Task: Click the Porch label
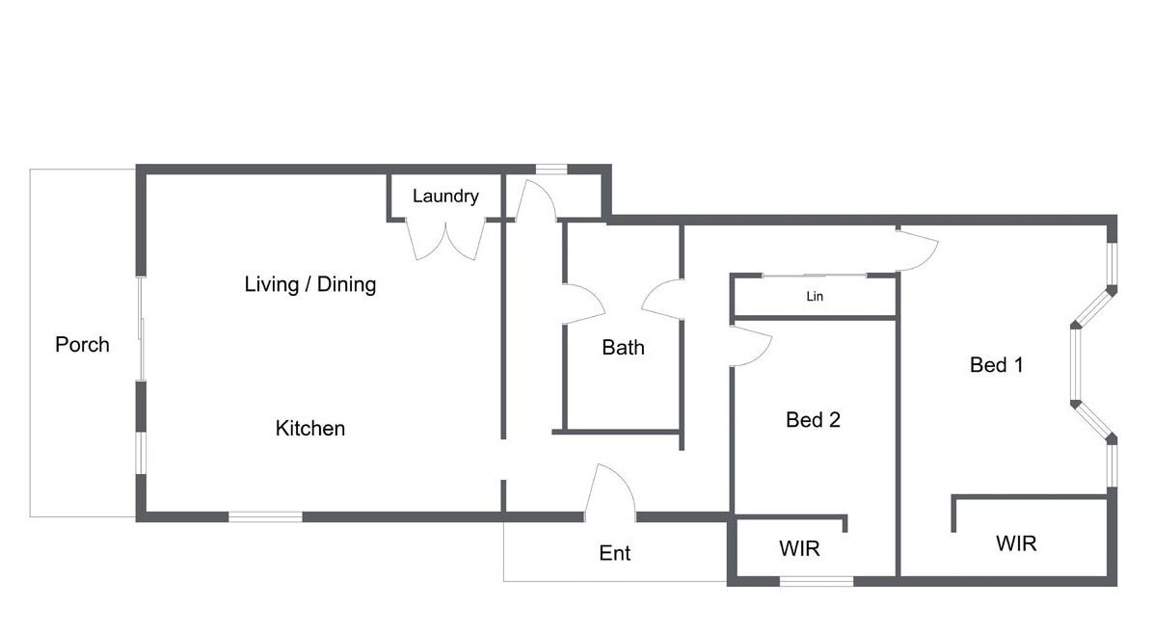[82, 344]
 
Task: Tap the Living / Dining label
[310, 284]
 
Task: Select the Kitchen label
[310, 428]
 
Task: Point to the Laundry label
[445, 197]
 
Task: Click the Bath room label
[623, 348]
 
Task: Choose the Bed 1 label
[996, 365]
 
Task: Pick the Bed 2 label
[813, 419]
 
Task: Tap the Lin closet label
[815, 296]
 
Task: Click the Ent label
[615, 553]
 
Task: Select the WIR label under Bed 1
[1016, 543]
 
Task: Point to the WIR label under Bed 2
[799, 548]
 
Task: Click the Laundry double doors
[446, 239]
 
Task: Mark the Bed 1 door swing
[919, 250]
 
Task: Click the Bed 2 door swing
[751, 345]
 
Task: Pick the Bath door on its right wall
[662, 300]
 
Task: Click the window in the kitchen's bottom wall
[265, 517]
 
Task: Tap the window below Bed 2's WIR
[817, 581]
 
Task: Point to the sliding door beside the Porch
[141, 329]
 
